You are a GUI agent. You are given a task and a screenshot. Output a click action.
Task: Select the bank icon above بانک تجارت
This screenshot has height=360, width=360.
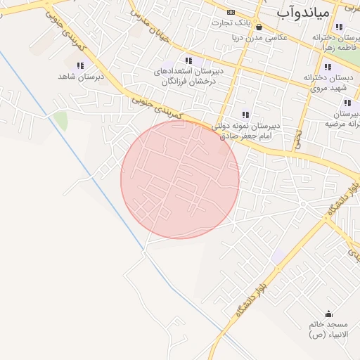231,13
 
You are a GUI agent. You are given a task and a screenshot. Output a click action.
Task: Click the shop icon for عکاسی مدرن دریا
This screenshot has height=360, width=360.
259,28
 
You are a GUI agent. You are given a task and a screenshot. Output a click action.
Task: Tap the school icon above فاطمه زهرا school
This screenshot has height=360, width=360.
340,27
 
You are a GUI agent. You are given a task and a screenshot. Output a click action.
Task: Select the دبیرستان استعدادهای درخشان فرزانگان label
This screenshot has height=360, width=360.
188,76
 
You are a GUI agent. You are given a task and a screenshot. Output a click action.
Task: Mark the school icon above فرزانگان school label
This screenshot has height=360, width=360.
188,61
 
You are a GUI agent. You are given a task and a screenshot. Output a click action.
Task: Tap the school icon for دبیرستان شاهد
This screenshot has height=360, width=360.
80,65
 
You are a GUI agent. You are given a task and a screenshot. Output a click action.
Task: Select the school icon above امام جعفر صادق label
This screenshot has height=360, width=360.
245,115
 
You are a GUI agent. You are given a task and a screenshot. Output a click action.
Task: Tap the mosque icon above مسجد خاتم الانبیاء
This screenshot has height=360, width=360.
328,314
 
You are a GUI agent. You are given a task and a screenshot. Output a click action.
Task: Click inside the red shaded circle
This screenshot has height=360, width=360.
180,179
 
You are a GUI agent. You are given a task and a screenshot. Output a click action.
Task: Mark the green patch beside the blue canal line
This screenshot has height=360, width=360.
61,120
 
